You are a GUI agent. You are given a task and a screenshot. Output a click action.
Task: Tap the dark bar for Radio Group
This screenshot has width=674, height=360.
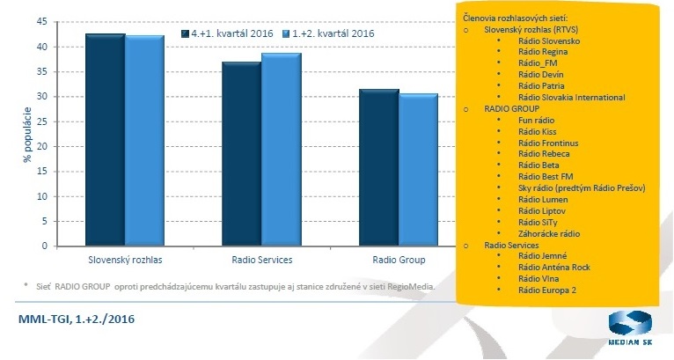coord(378,167)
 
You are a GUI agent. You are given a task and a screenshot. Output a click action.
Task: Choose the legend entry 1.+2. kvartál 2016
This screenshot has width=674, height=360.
coord(327,33)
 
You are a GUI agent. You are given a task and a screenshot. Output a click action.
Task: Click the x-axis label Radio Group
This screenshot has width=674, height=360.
coord(399,261)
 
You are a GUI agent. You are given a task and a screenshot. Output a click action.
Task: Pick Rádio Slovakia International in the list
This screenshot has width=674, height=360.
coord(571,97)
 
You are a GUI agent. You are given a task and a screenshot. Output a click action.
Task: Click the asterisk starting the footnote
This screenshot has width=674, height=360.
coord(26,286)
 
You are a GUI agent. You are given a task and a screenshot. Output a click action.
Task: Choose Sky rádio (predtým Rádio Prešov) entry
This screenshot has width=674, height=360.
coord(582,187)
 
